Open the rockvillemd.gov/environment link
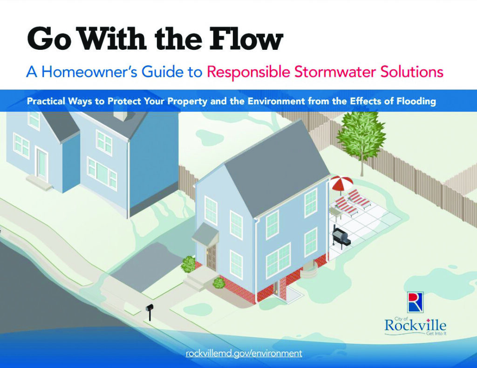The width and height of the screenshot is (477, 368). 244,353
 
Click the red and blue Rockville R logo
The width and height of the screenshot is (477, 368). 415,302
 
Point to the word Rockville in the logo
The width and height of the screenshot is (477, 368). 415,325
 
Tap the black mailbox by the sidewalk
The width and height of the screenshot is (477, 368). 150,308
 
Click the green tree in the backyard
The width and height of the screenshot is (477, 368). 361,133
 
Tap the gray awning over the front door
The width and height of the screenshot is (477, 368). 205,234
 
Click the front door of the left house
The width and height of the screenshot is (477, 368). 42,164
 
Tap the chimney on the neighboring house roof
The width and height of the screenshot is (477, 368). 122,115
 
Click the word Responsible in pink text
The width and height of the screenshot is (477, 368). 248,72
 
